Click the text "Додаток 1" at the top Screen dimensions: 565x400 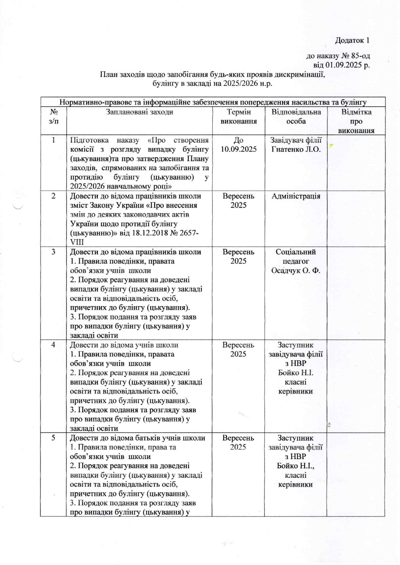352,41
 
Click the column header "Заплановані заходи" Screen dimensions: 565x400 139,112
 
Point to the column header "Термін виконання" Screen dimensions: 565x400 239,117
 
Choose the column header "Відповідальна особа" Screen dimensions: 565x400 296,117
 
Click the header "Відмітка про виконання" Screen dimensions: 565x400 356,121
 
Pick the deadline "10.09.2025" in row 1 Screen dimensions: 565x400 239,150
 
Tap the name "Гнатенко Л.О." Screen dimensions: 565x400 296,150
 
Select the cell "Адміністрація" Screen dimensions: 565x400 296,196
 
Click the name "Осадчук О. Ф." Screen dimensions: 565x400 295,271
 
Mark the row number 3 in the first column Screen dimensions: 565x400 54,252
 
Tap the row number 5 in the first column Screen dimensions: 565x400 54,438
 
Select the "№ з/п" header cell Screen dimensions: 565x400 54,117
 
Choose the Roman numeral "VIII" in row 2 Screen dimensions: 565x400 77,242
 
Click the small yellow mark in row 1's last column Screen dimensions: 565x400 331,146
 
